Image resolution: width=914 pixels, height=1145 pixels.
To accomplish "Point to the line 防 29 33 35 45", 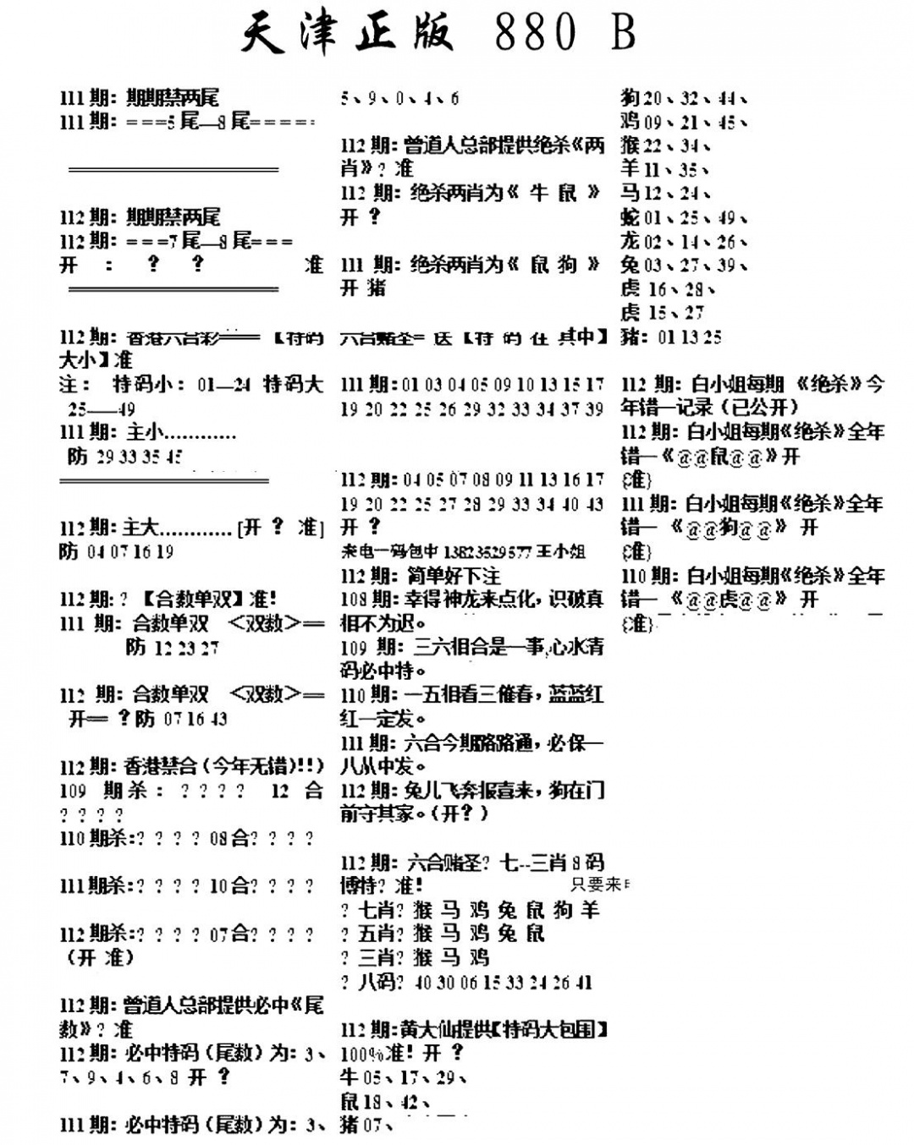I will click(x=124, y=457).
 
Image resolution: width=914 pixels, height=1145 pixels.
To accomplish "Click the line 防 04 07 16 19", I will click(x=117, y=551).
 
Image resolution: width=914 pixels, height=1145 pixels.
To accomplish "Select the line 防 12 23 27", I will click(x=172, y=648).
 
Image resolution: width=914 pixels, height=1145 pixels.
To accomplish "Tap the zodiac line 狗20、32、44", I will click(x=683, y=98).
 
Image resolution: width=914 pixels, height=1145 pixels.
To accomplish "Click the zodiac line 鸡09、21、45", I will click(x=683, y=122).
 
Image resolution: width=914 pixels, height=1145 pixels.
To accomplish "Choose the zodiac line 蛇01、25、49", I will click(x=683, y=217).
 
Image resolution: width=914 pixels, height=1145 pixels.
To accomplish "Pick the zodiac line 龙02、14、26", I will click(x=683, y=241).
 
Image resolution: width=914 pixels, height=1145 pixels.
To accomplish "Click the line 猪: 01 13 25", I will click(x=671, y=337).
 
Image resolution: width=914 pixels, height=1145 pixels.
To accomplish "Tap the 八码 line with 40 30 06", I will click(x=466, y=982).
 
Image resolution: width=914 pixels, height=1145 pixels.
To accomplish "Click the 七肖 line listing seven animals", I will click(x=470, y=910).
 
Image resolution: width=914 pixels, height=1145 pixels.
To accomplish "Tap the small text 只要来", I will click(x=599, y=885).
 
